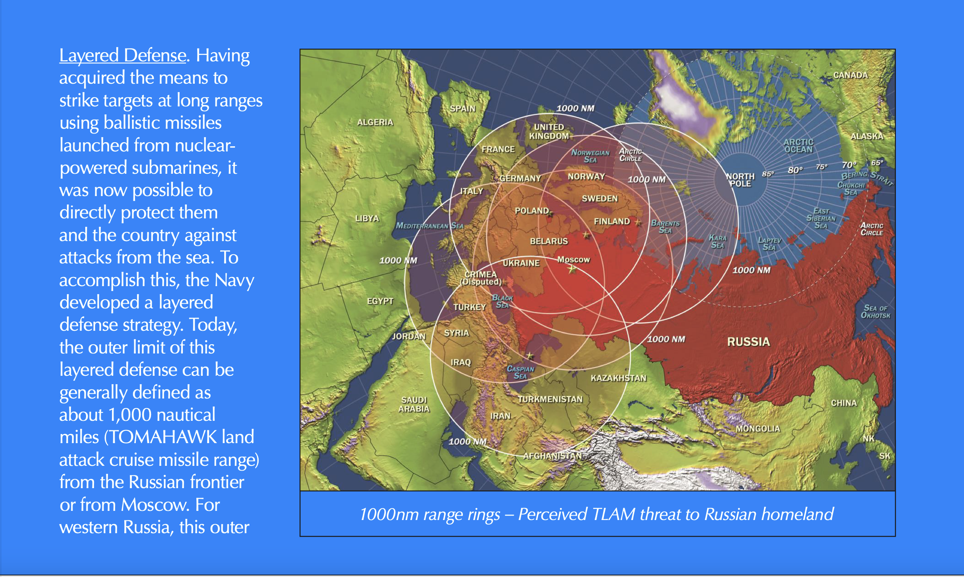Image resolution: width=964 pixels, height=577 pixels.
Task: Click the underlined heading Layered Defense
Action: point(123,55)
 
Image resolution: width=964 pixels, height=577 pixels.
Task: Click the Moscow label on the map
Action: point(573,259)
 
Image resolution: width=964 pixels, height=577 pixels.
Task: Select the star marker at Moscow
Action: point(572,269)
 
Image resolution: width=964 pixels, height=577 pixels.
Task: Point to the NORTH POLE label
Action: point(740,180)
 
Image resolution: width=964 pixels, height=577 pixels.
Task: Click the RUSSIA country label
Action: point(748,342)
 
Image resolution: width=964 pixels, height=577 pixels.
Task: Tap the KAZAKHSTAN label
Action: point(618,378)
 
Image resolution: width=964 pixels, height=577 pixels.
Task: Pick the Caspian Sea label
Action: point(520,372)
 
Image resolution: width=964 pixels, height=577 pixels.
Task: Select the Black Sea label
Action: point(502,301)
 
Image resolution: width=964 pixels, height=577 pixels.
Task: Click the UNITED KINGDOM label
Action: point(549,131)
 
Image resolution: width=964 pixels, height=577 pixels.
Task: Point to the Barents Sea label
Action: point(665,227)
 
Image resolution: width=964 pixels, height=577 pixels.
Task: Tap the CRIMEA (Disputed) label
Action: point(481,278)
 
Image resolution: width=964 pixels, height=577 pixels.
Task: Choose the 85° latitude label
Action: point(768,174)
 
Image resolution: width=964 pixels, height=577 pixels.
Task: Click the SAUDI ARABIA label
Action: point(414,404)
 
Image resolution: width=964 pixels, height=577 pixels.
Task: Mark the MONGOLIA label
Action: point(758,429)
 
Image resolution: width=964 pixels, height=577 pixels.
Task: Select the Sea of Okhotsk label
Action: point(875,312)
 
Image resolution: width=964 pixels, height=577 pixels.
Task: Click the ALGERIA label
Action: point(375,122)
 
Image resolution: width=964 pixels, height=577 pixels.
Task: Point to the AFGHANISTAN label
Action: point(552,455)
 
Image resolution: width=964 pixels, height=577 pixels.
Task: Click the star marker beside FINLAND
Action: point(638,222)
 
